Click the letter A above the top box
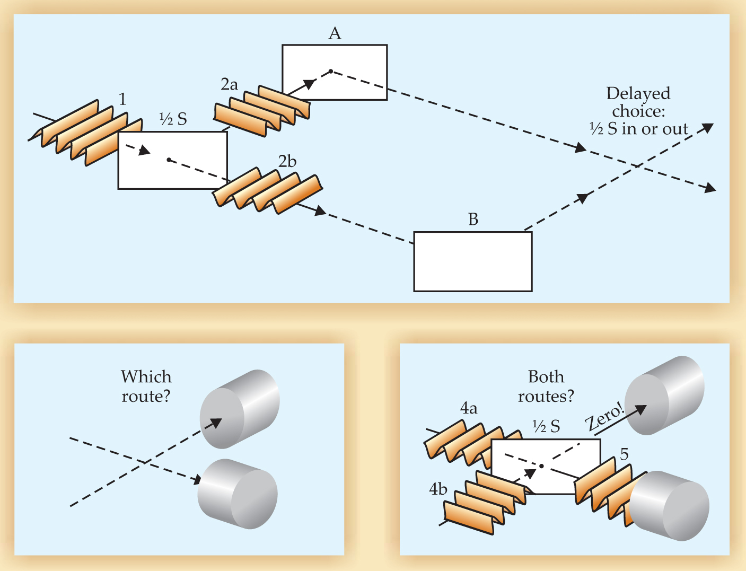[335, 34]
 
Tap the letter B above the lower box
[473, 219]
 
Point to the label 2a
[229, 84]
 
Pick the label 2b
[287, 161]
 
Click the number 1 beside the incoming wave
[122, 99]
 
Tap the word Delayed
[638, 94]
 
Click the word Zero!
[604, 417]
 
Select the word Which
[146, 377]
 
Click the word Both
[546, 377]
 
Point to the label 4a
[469, 408]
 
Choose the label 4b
[438, 489]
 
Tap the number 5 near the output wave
[624, 454]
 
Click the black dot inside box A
[331, 71]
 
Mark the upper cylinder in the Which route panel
[240, 408]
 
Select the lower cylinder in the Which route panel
[238, 494]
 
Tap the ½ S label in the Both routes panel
[546, 427]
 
